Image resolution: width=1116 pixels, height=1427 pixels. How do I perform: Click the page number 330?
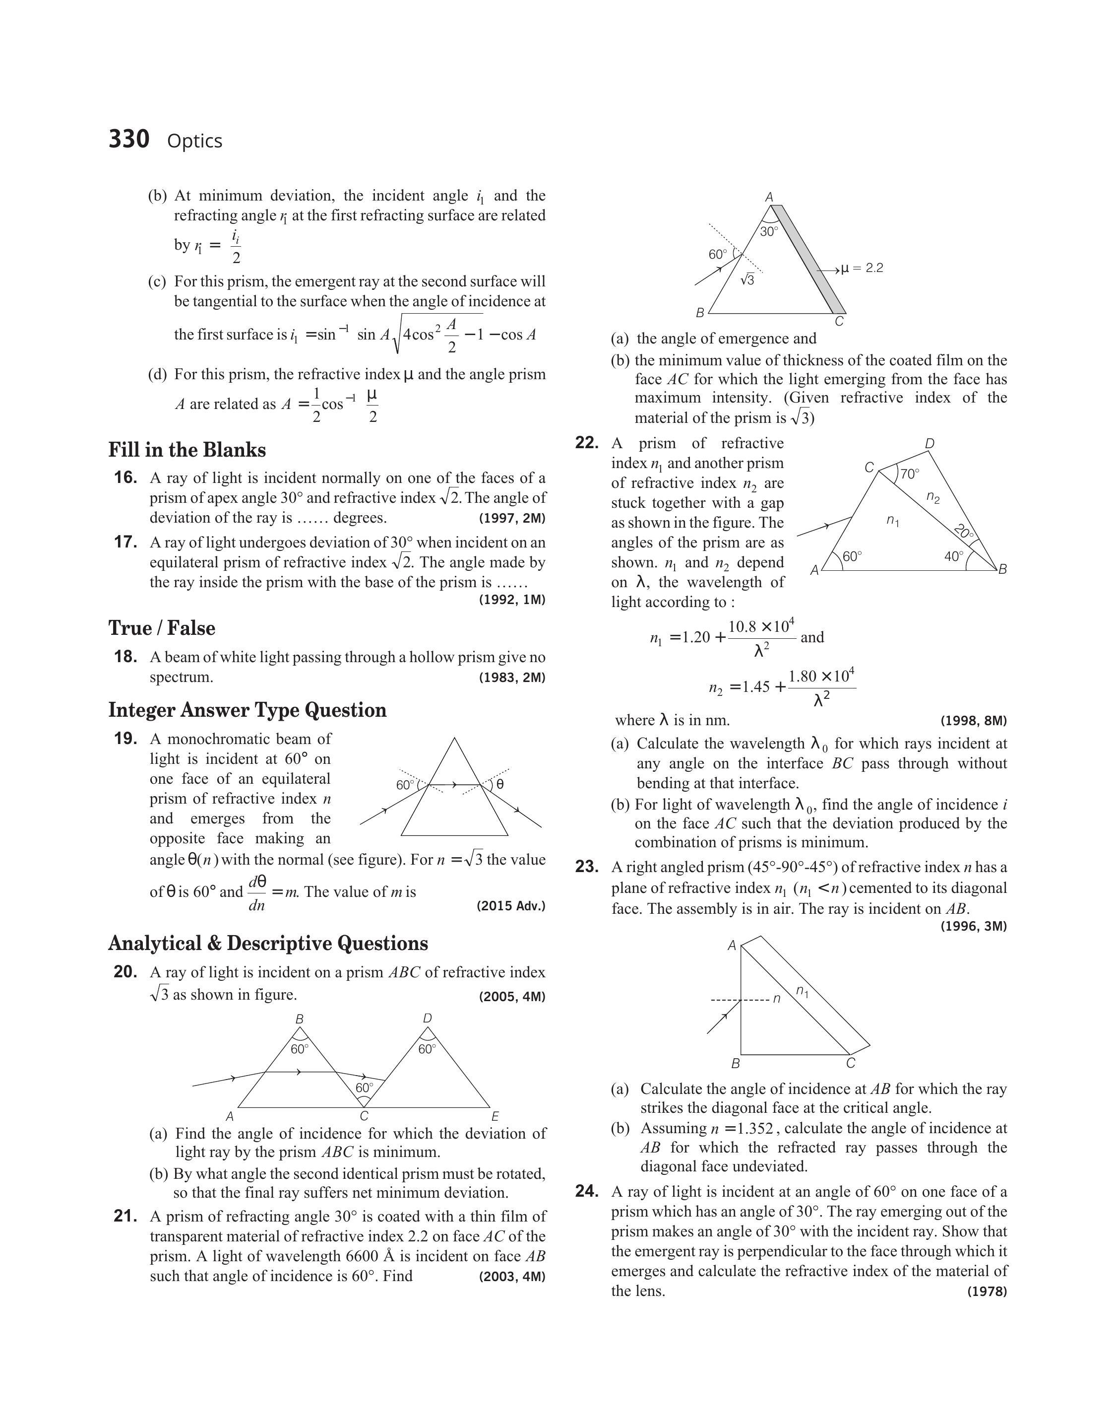click(x=129, y=139)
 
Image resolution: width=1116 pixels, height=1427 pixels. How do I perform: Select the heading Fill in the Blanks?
click(x=187, y=450)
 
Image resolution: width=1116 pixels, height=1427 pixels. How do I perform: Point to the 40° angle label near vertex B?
click(x=953, y=556)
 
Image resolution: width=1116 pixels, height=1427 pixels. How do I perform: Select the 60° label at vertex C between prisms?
click(x=364, y=1087)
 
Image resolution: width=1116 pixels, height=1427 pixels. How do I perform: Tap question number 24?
click(x=587, y=1191)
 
